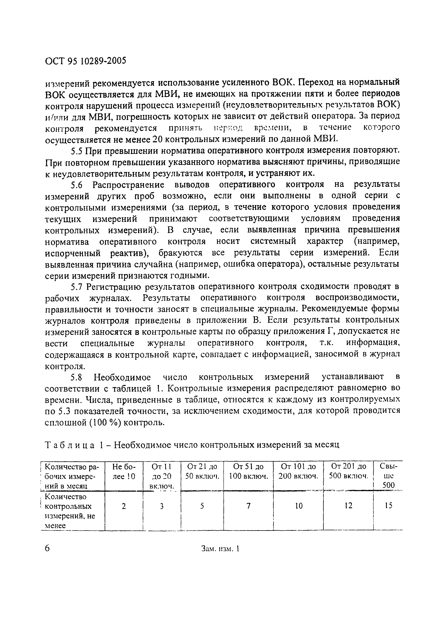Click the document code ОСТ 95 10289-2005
click(85, 61)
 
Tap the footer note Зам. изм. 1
click(220, 549)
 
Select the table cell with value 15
click(388, 506)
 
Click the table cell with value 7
click(248, 506)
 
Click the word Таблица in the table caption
click(69, 445)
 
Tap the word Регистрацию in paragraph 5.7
click(113, 287)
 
